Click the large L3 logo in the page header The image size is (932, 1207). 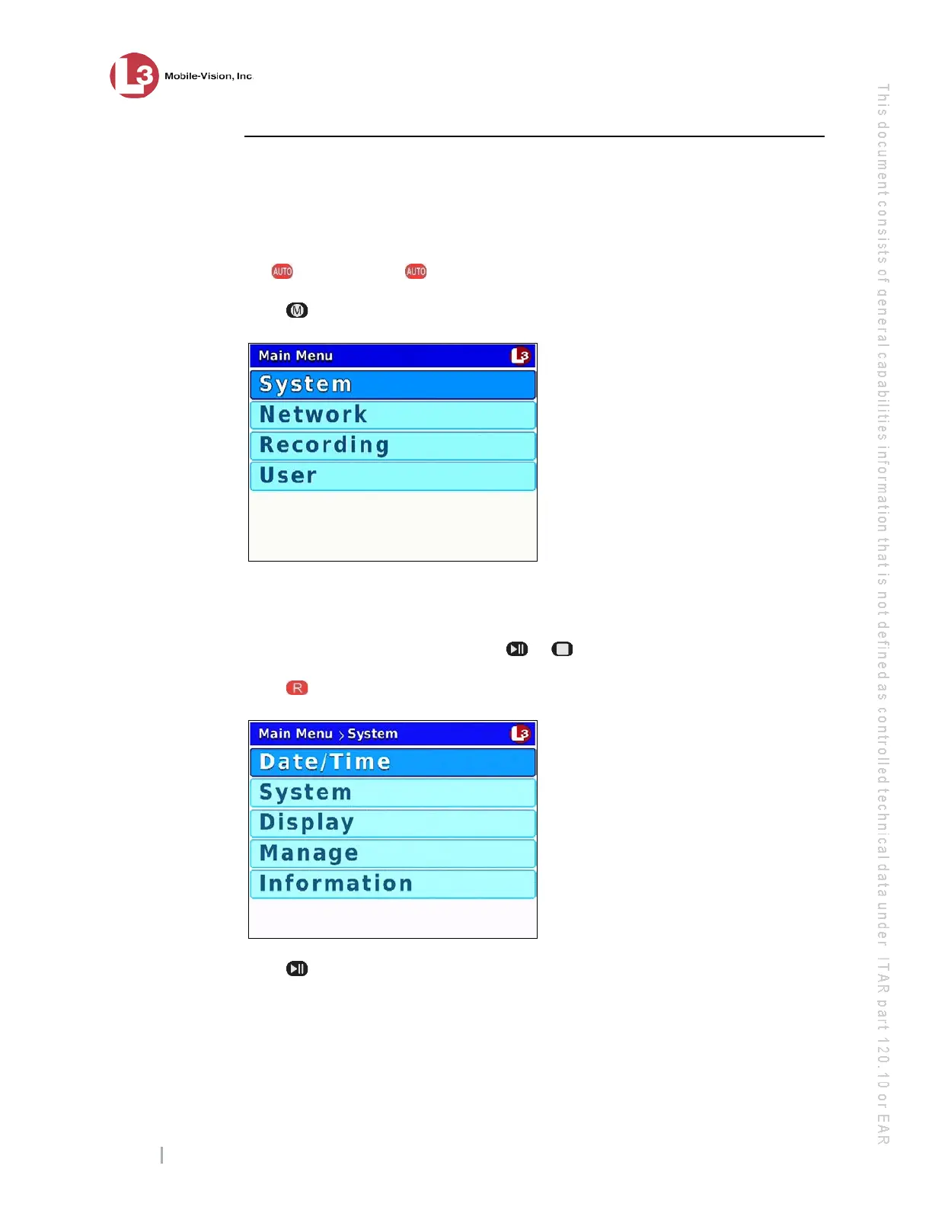(x=134, y=75)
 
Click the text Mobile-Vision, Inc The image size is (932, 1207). (x=208, y=76)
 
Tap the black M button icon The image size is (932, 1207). (x=297, y=310)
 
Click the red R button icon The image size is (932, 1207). (x=297, y=688)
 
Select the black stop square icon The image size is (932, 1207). (x=562, y=649)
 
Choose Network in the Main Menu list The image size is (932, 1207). (x=392, y=415)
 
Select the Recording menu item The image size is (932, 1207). (x=392, y=445)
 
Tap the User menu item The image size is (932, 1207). (x=392, y=475)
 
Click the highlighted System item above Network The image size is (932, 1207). (x=392, y=384)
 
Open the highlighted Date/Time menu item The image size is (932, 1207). (x=392, y=762)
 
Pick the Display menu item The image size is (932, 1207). (x=392, y=823)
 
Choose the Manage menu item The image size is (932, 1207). (x=392, y=853)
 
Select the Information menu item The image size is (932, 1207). (x=392, y=884)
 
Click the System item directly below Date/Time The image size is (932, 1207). (x=392, y=792)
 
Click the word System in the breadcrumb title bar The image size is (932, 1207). (x=372, y=734)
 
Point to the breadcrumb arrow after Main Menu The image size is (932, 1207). (x=341, y=735)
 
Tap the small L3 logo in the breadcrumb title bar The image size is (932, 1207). (x=520, y=733)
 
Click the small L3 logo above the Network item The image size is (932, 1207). (x=520, y=355)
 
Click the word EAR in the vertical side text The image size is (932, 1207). (x=883, y=1129)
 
